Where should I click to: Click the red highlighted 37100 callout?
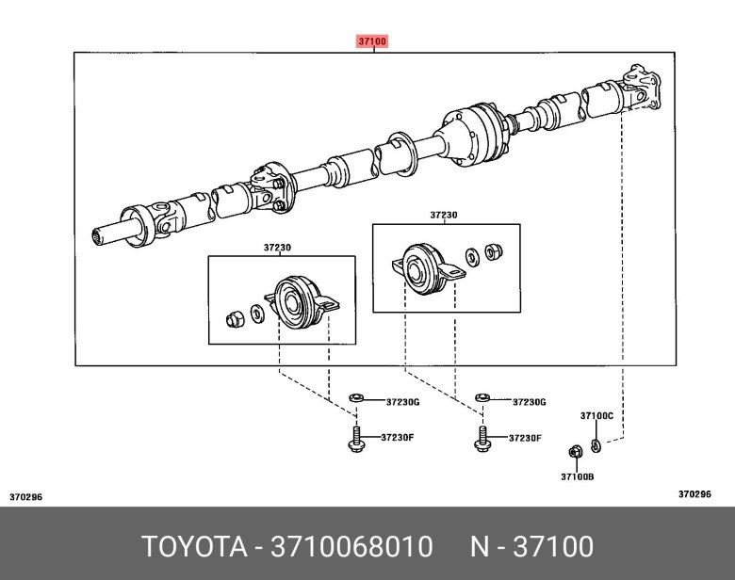coord(372,41)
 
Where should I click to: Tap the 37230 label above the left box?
coord(277,247)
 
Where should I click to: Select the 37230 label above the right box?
coord(444,215)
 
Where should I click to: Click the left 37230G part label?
coord(402,402)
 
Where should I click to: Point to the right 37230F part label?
coord(525,438)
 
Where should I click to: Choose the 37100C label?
coord(596,415)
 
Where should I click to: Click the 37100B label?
coord(578,477)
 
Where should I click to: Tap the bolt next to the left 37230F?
coord(356,439)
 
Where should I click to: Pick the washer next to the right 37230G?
coord(482,398)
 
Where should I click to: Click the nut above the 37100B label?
coord(574,452)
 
